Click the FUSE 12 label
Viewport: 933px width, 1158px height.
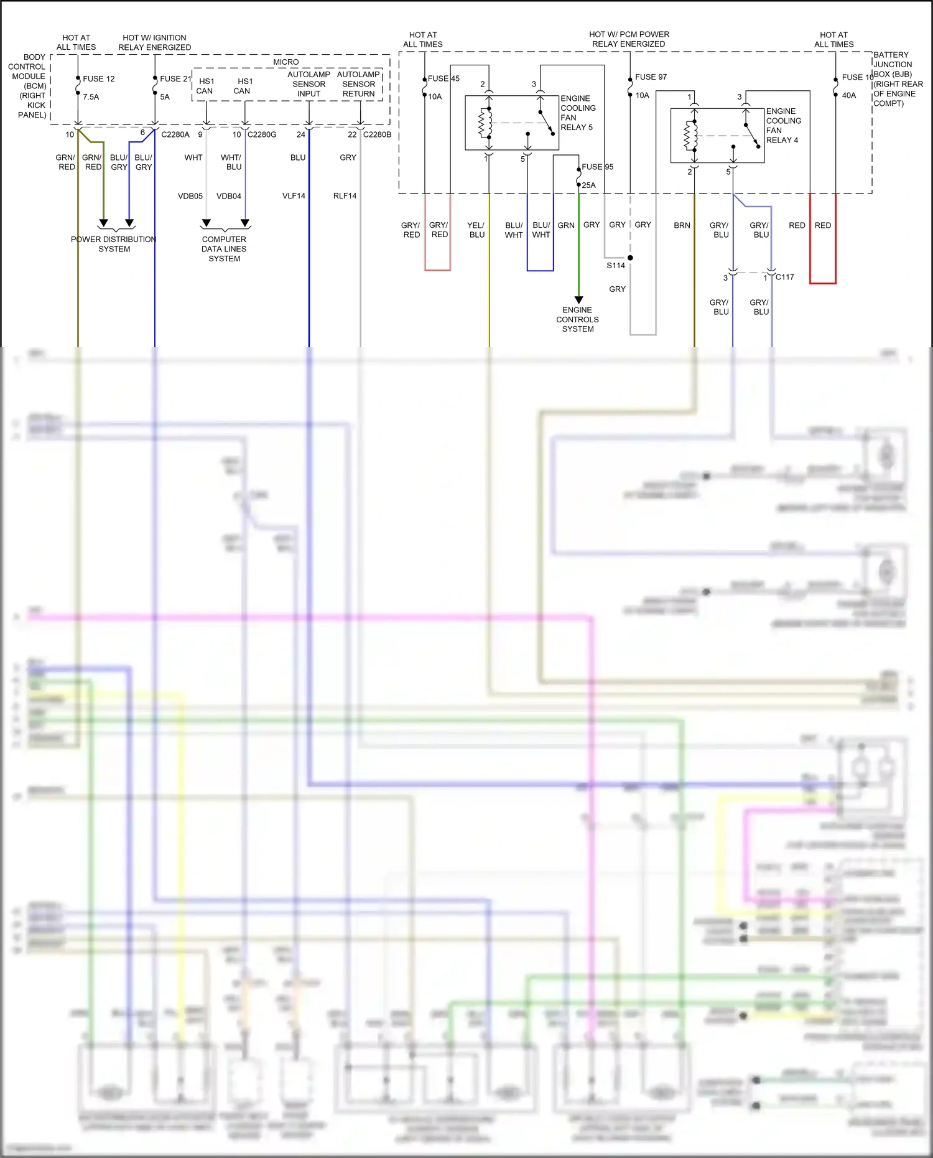98,79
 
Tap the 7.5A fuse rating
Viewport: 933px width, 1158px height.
91,97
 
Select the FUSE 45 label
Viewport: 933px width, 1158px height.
443,78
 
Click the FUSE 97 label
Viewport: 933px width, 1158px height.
651,77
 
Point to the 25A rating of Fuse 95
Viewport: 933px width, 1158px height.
588,185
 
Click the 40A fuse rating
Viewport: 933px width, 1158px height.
848,96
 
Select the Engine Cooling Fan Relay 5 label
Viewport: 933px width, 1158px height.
578,113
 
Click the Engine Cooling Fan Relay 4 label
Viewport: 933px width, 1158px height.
783,126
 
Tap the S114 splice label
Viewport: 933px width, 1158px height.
616,266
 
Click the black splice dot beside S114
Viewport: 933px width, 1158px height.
630,258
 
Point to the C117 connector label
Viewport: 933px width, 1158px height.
784,278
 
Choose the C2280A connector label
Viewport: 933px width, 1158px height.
175,134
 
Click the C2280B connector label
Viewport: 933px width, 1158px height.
377,134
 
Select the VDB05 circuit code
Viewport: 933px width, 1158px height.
190,196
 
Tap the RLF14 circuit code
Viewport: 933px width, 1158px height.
345,196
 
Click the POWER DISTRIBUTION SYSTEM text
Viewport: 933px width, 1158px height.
114,244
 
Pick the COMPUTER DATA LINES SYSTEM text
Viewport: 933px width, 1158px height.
224,249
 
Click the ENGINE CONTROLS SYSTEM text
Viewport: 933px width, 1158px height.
578,319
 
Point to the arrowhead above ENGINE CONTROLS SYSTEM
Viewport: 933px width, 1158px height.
578,300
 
